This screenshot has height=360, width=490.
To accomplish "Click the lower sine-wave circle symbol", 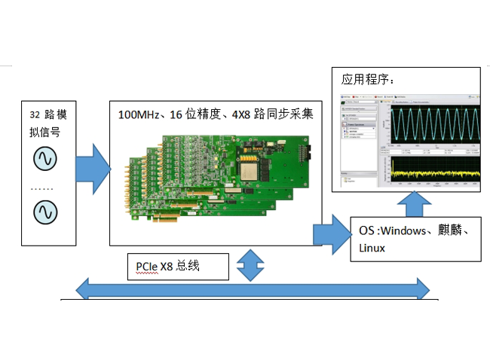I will tap(41, 212).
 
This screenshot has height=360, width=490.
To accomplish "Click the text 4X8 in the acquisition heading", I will tap(242, 115).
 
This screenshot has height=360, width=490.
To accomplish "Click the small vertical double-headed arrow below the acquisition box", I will tap(249, 264).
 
